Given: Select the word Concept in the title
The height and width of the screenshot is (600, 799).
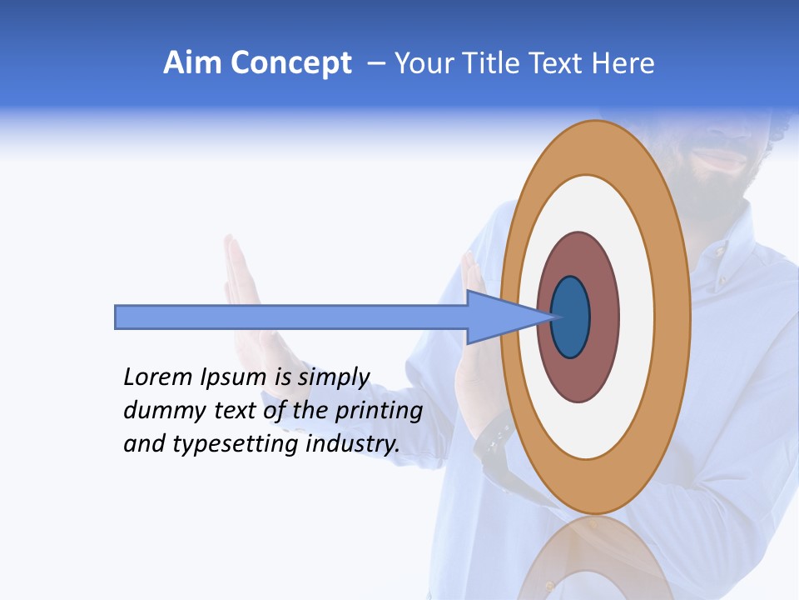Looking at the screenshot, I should coord(291,63).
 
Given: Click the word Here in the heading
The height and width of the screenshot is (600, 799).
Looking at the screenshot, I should coord(623,63).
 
